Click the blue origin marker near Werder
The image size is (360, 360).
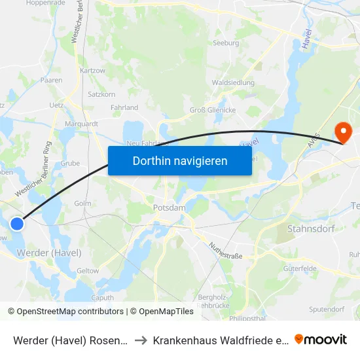(17, 224)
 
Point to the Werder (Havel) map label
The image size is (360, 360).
(49, 253)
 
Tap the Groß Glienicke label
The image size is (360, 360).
(212, 110)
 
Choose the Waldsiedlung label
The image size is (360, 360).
(228, 83)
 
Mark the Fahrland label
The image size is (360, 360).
(124, 107)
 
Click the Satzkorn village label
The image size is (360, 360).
(101, 94)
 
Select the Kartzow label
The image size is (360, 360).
(92, 70)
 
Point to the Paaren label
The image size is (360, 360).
(51, 80)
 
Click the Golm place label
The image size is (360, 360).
(83, 204)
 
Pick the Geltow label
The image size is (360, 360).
(88, 270)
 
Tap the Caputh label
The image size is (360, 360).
(102, 297)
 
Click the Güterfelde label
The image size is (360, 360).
(300, 268)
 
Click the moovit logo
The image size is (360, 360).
(321, 339)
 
